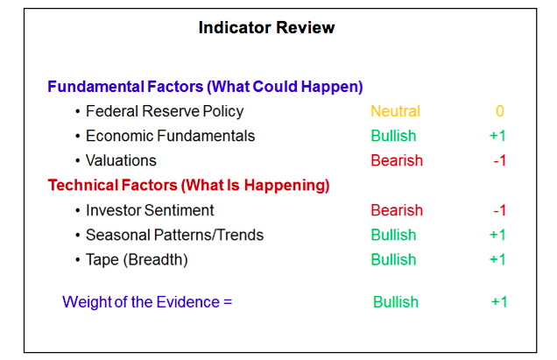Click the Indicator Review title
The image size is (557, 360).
tap(266, 27)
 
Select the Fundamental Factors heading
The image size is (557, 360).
tap(205, 87)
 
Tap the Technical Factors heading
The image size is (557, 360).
tap(188, 185)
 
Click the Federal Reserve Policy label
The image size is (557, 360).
tap(165, 111)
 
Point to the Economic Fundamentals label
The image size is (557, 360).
tap(171, 136)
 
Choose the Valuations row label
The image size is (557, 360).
tap(121, 160)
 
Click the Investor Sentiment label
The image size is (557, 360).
tap(150, 210)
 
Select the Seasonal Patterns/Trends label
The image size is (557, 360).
tap(175, 235)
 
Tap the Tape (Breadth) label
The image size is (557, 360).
tap(137, 260)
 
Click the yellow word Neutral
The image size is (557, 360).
tap(395, 111)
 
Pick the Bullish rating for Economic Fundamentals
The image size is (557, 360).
tap(393, 136)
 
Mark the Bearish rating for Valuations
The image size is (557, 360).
tap(397, 160)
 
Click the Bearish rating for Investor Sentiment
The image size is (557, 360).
tap(397, 210)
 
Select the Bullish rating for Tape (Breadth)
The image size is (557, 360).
tap(393, 260)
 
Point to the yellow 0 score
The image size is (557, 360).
tap(500, 111)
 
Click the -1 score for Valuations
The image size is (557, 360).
tap(500, 160)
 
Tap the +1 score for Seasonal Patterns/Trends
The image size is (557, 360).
tap(497, 235)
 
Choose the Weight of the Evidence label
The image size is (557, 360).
tap(147, 302)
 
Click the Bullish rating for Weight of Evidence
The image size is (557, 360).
tap(396, 302)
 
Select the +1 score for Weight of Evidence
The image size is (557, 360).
tap(499, 302)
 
